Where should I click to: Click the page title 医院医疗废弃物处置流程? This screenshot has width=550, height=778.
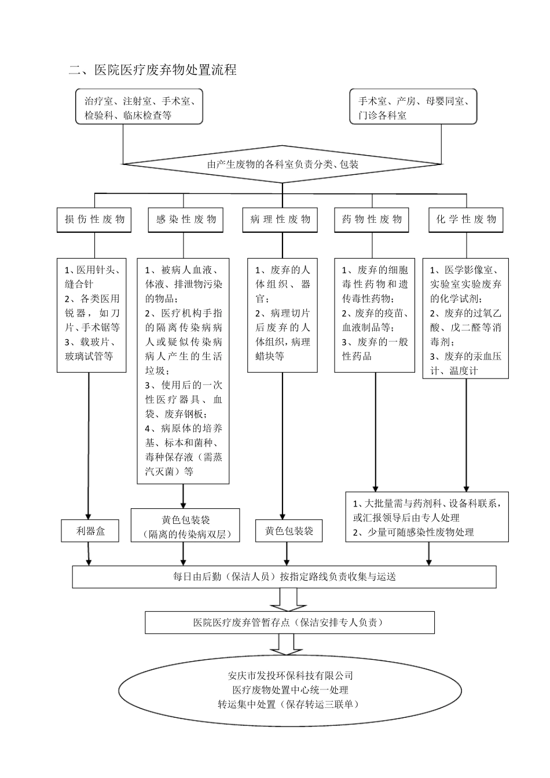click(x=153, y=70)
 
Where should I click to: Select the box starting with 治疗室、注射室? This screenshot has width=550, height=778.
click(x=139, y=107)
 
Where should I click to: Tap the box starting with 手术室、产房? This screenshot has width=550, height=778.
click(x=413, y=107)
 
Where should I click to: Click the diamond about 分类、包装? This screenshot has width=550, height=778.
click(x=283, y=164)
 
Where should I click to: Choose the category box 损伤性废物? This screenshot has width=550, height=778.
click(x=94, y=219)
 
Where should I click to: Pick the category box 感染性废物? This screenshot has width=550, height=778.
click(x=186, y=219)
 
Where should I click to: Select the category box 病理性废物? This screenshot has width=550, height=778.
click(x=280, y=219)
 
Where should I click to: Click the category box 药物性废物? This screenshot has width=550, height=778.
click(x=372, y=219)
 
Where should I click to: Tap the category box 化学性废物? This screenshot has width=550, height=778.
click(x=466, y=219)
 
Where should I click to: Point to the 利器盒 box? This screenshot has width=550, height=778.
click(x=90, y=530)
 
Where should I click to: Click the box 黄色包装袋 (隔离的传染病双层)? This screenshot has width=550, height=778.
click(x=185, y=526)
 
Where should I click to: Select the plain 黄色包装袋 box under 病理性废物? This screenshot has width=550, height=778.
click(x=289, y=530)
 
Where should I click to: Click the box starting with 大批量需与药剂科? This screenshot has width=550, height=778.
click(x=427, y=517)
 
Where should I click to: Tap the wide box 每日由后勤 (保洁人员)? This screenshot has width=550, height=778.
click(x=284, y=577)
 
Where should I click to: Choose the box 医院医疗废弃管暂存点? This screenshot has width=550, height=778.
click(x=289, y=622)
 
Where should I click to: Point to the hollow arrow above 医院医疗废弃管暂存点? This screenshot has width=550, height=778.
click(x=284, y=599)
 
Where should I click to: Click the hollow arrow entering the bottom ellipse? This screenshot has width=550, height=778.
click(x=284, y=644)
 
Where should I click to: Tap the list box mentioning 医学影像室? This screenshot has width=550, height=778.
click(x=465, y=318)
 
